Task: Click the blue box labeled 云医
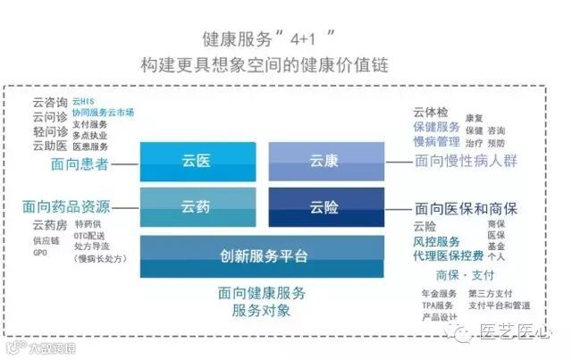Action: (196, 162)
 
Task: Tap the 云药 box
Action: (196, 207)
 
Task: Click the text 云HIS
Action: (83, 103)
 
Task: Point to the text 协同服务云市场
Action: (104, 113)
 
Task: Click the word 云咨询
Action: (48, 103)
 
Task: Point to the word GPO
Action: (40, 252)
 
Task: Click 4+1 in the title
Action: (304, 38)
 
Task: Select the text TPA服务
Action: (437, 305)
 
